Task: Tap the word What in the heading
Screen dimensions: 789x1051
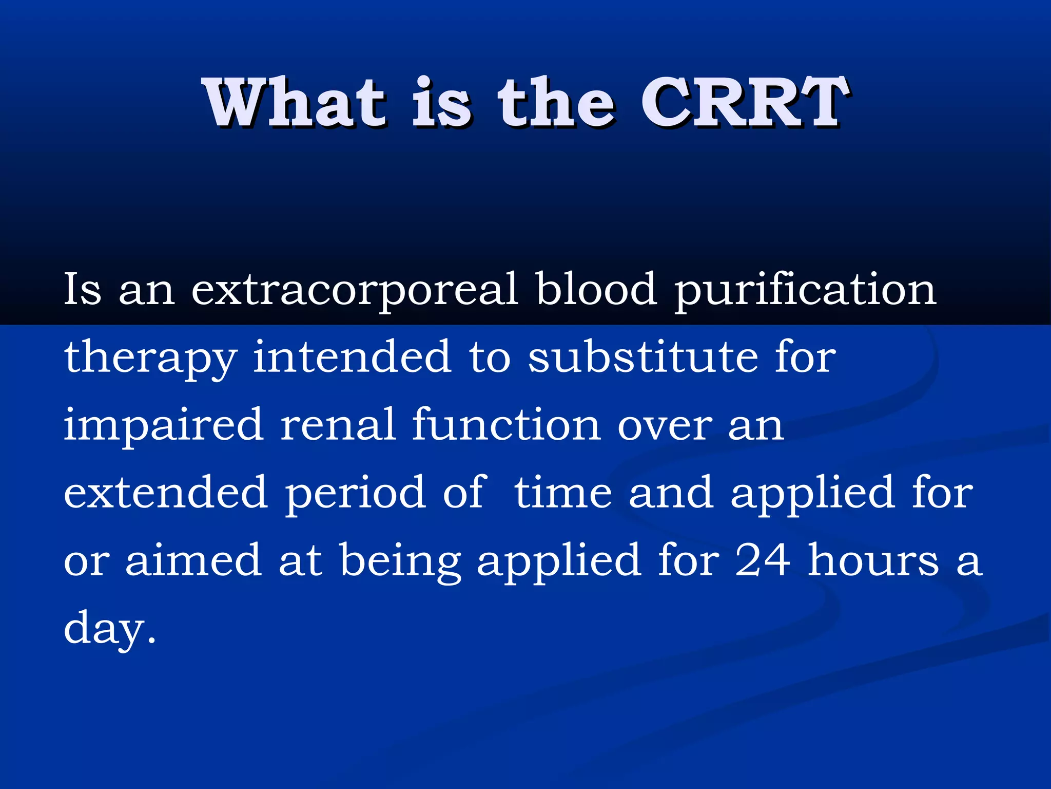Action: point(295,103)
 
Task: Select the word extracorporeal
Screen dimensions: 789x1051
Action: point(354,290)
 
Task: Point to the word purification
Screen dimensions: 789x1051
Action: point(805,290)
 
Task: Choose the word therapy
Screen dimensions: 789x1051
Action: point(150,359)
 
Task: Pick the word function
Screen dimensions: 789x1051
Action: point(506,425)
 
